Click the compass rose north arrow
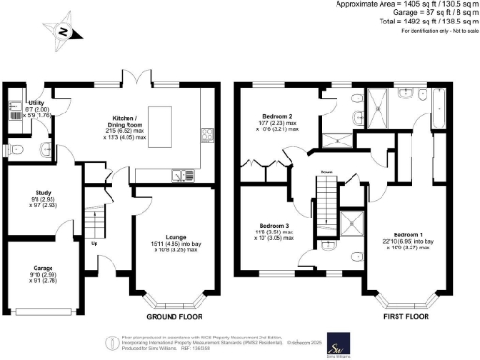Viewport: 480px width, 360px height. (x=62, y=32)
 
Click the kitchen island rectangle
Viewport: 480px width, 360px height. (x=159, y=121)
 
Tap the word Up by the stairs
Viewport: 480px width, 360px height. (x=93, y=244)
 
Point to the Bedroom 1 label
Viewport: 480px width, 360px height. (x=408, y=234)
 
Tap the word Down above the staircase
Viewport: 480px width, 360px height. (x=325, y=172)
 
